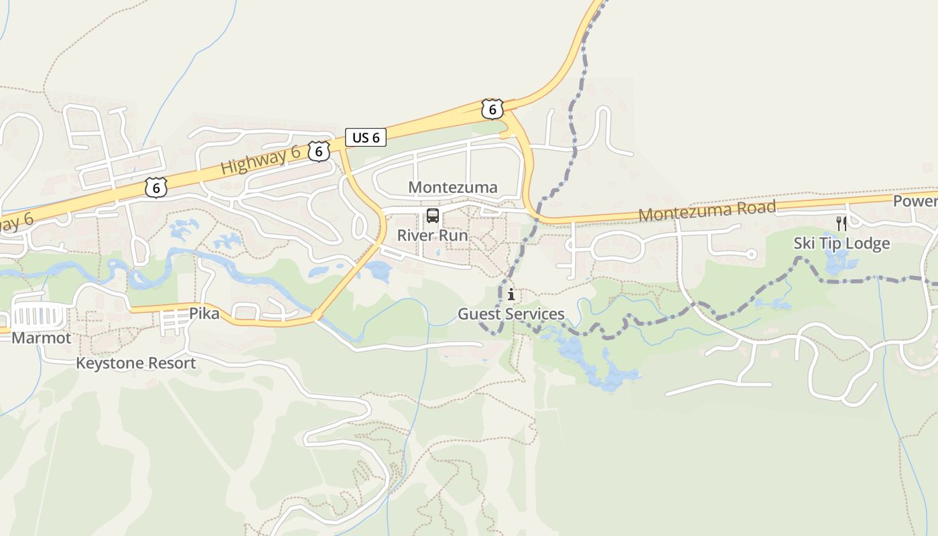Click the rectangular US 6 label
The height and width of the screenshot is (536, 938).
click(x=366, y=137)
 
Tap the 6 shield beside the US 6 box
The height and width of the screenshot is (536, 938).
click(x=319, y=151)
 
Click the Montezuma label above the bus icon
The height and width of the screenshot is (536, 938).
click(x=453, y=188)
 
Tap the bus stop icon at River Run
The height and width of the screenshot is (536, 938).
click(x=433, y=216)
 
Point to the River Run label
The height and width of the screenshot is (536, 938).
click(x=433, y=236)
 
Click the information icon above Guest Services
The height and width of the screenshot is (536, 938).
click(x=511, y=294)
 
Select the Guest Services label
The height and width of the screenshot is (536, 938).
click(x=511, y=314)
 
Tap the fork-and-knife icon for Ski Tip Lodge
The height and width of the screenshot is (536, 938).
click(x=842, y=223)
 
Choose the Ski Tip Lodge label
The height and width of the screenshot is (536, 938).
click(x=842, y=243)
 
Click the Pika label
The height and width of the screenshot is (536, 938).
click(x=204, y=313)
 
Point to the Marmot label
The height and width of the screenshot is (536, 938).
click(x=41, y=338)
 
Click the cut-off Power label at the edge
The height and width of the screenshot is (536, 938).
click(x=915, y=201)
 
